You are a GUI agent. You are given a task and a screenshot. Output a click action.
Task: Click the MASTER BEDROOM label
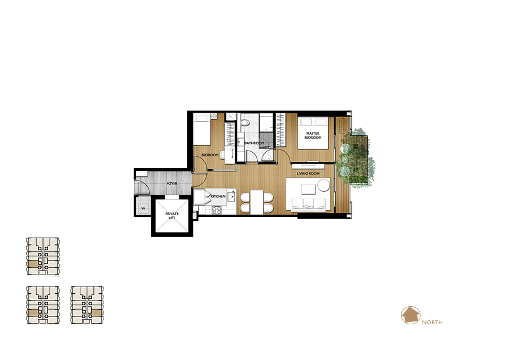[313, 135]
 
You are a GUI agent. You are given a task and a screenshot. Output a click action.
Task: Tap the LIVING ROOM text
[308, 174]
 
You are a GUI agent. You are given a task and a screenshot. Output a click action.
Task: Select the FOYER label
[172, 183]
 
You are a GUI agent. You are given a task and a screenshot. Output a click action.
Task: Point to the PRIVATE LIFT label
[172, 216]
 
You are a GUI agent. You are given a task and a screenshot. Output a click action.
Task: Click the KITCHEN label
[218, 196]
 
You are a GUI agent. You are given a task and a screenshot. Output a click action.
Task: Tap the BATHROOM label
[254, 143]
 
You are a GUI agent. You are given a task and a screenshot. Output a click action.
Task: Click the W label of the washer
[143, 208]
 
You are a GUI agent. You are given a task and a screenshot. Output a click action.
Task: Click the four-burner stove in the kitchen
[217, 210]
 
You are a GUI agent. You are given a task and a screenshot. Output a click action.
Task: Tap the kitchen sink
[231, 196]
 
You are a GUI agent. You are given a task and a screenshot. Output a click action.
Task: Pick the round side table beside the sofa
[323, 186]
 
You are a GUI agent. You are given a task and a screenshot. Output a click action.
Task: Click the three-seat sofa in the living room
[308, 204]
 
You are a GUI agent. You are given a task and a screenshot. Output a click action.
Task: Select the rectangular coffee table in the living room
[308, 189]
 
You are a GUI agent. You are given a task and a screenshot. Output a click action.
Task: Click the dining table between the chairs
[256, 202]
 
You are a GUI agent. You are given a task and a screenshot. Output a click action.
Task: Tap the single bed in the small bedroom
[202, 129]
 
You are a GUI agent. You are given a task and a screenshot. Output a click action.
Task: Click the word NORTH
[432, 322]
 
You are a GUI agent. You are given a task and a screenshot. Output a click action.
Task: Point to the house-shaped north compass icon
[411, 315]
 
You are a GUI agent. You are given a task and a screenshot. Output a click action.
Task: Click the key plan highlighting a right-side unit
[87, 305]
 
